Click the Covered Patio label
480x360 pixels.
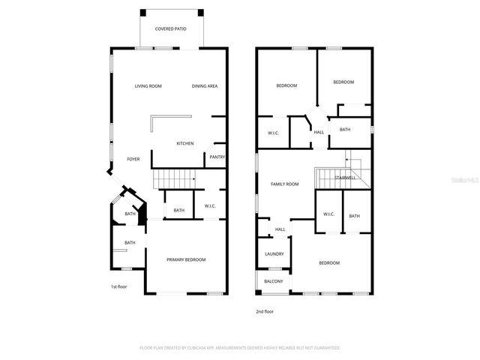(170, 29)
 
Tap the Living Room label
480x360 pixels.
(148, 86)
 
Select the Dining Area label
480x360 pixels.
(205, 86)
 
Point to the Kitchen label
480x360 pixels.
(185, 143)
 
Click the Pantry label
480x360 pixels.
(217, 157)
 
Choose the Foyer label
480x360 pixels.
(133, 159)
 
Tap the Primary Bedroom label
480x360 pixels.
(185, 259)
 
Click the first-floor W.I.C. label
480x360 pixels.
(210, 207)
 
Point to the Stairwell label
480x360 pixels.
(345, 178)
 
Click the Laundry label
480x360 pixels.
(274, 253)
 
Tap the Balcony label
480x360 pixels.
(274, 281)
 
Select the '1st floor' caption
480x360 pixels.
(118, 286)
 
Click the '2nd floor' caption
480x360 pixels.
(264, 310)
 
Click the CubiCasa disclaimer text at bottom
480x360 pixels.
(240, 348)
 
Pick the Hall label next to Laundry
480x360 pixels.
(280, 229)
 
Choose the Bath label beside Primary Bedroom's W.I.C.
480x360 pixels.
(178, 210)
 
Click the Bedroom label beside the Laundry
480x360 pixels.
(329, 263)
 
